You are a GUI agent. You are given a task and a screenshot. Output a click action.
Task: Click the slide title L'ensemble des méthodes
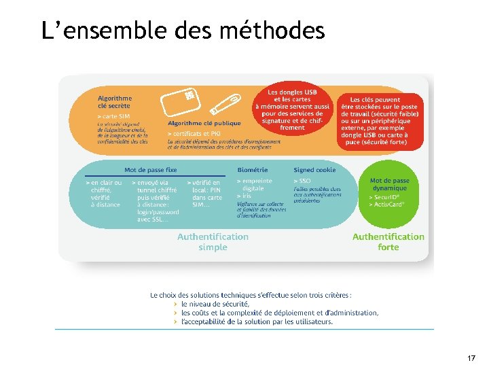click(x=183, y=31)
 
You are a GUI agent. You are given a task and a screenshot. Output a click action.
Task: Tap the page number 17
click(x=471, y=357)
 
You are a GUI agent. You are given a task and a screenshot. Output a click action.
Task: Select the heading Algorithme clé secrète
click(x=115, y=101)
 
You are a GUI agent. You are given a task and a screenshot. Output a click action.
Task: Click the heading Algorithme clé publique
click(x=204, y=123)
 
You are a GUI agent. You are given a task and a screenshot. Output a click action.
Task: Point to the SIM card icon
click(x=179, y=102)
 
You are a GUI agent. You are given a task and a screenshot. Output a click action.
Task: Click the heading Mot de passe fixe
click(x=151, y=170)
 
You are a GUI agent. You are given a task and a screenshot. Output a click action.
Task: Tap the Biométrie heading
click(x=253, y=170)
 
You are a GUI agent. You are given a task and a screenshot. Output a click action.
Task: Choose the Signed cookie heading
click(x=314, y=170)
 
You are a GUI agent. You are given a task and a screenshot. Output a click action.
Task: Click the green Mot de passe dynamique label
click(x=390, y=184)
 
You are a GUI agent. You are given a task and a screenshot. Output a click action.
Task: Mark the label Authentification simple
click(x=213, y=242)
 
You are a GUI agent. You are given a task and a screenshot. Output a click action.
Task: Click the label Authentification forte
click(x=388, y=242)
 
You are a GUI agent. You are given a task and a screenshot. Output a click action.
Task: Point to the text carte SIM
click(x=115, y=116)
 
